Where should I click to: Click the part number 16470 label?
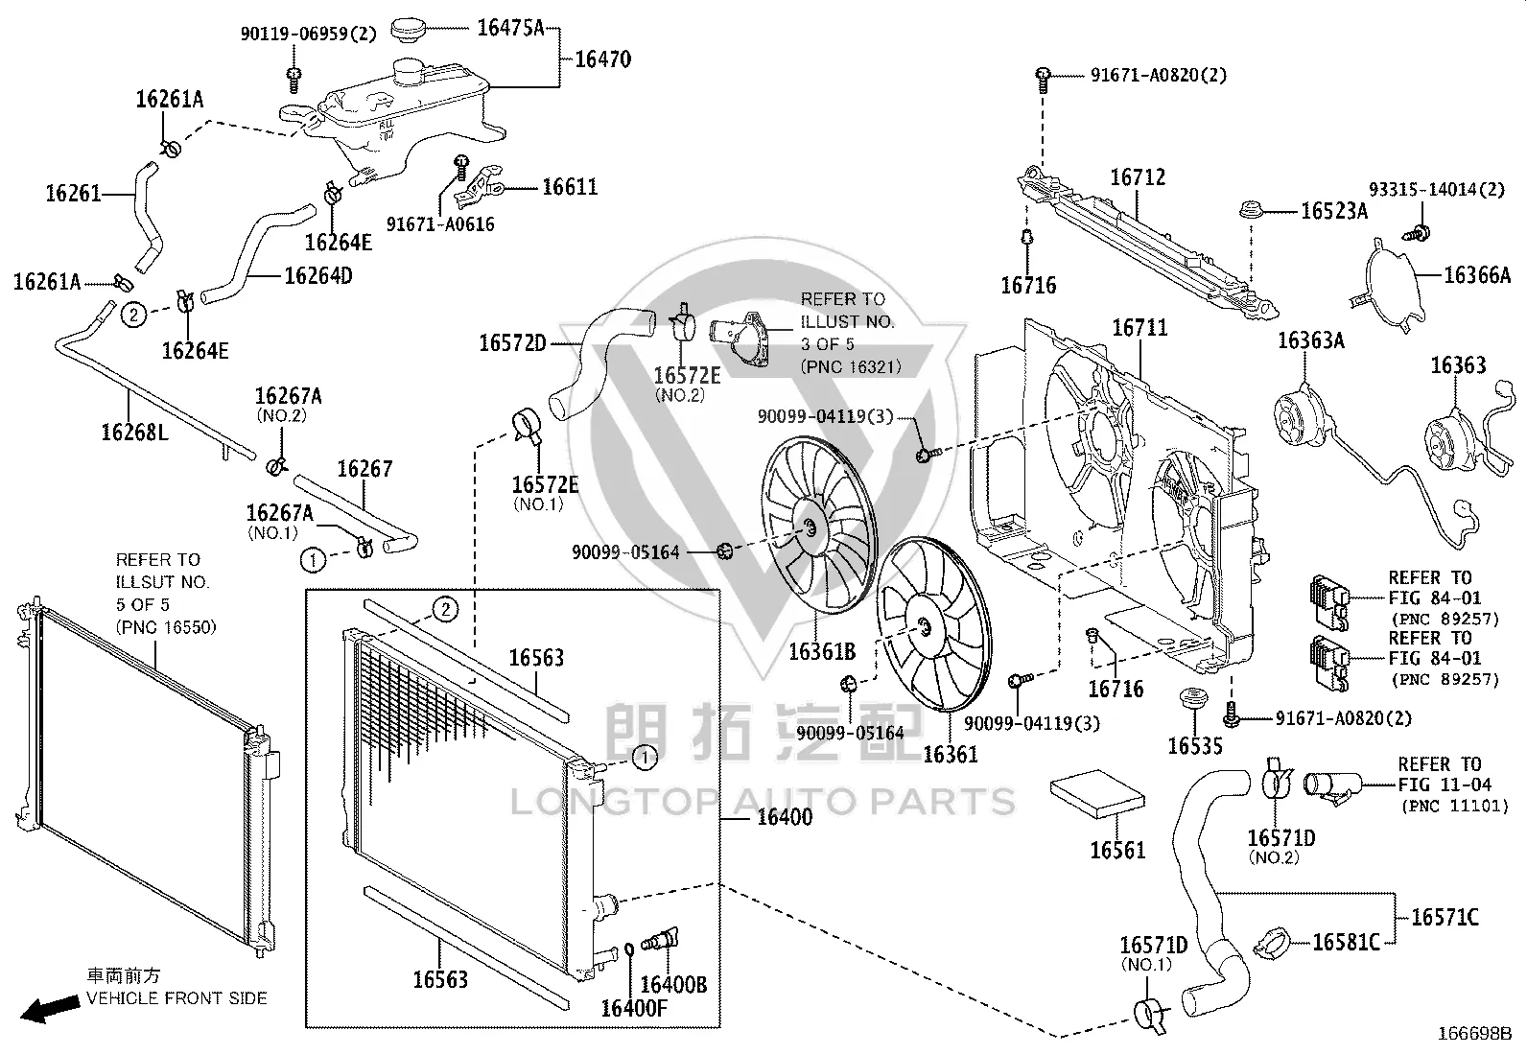[602, 59]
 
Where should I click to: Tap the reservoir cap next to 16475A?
[409, 31]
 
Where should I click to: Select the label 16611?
[570, 187]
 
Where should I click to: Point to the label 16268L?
[134, 432]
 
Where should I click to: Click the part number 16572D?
[512, 343]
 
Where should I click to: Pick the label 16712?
[1138, 177]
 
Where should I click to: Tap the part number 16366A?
[1477, 274]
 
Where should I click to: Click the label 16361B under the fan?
[822, 652]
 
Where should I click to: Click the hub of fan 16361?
[924, 628]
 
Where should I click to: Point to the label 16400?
[785, 817]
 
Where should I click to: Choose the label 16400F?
[634, 1008]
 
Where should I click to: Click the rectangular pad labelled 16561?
[1097, 794]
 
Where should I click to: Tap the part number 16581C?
[1347, 942]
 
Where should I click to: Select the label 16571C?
[1445, 917]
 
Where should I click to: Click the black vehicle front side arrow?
[50, 1008]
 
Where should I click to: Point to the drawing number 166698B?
[1475, 1034]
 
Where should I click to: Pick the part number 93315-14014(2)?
[1437, 190]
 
